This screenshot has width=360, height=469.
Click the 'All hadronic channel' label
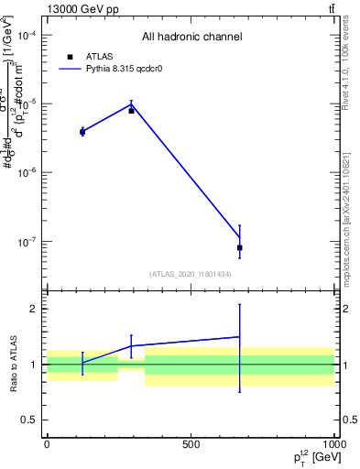[191, 37]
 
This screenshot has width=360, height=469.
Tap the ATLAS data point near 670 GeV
[240, 247]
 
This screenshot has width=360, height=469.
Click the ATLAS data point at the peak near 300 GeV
[131, 110]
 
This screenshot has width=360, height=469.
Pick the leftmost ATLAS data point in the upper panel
[82, 132]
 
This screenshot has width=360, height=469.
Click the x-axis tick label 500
[191, 444]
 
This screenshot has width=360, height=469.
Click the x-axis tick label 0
[47, 444]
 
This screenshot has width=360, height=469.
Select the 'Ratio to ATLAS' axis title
[12, 364]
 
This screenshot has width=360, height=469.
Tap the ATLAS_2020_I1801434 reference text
[191, 274]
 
